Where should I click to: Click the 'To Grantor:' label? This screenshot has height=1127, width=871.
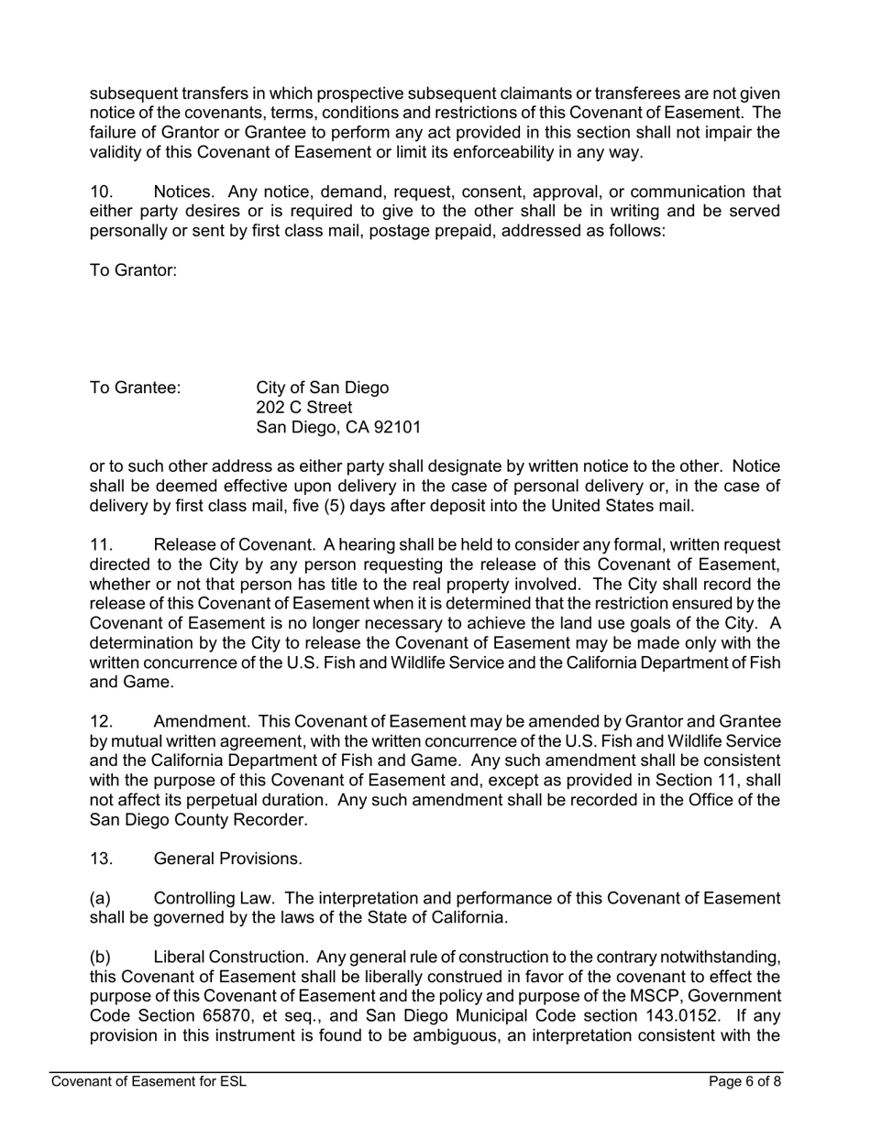133,270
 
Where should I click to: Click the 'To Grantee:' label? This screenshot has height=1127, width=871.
135,388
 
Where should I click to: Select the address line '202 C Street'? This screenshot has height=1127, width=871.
303,407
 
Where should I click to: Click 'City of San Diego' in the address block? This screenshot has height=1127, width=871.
322,388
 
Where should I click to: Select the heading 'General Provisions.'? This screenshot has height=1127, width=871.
227,859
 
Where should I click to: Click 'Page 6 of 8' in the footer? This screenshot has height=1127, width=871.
745,1081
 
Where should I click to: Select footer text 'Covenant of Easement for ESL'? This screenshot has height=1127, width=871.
149,1081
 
